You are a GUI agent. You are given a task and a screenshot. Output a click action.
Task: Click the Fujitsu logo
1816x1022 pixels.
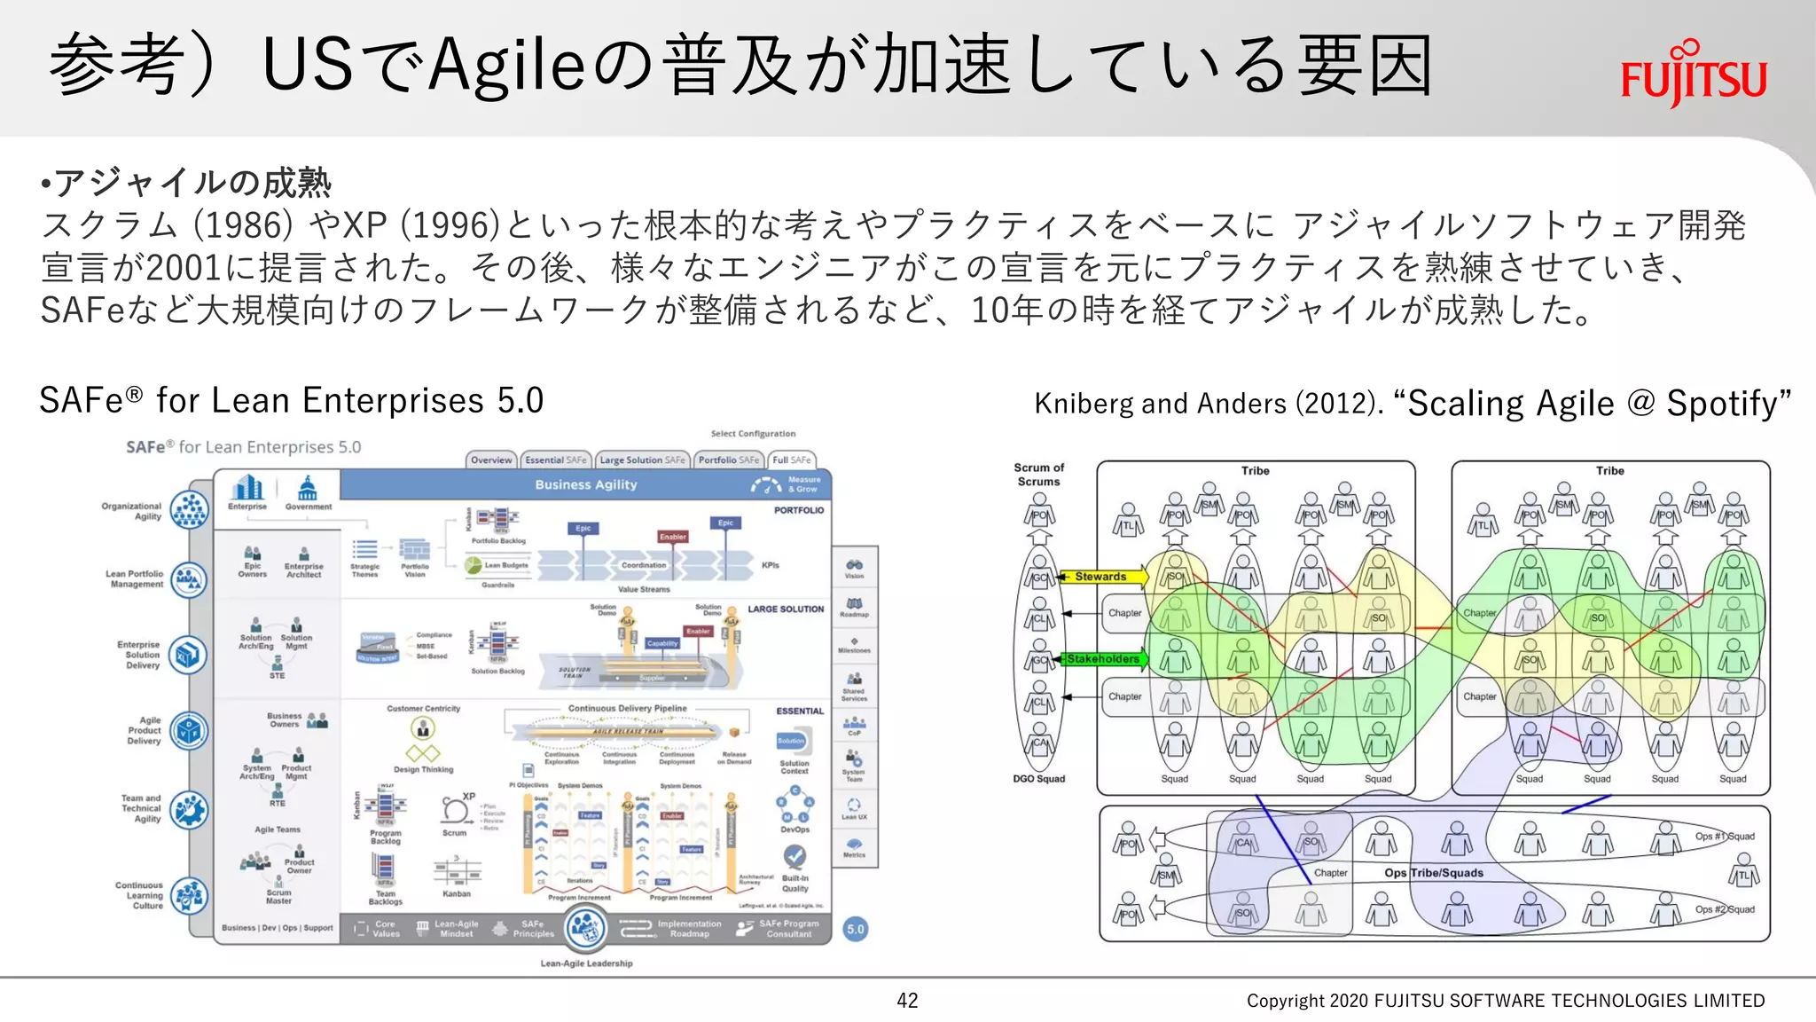[1694, 75]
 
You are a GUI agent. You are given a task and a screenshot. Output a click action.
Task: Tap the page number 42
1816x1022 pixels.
[907, 1001]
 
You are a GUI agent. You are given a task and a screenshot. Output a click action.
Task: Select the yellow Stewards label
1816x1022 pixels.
[1100, 577]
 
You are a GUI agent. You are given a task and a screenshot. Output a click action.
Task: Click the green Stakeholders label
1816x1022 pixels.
[1102, 659]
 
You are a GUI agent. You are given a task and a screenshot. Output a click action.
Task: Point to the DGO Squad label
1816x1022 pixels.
[1038, 779]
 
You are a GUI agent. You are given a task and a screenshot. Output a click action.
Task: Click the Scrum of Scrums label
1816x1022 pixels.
[1038, 475]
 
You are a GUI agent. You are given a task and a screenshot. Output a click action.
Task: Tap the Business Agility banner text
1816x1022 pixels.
[585, 484]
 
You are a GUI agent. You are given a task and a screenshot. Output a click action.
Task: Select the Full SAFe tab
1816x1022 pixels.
[791, 460]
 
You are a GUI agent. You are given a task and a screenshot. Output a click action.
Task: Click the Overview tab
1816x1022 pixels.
[491, 460]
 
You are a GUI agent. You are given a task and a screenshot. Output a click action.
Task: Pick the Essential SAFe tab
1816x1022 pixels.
[555, 460]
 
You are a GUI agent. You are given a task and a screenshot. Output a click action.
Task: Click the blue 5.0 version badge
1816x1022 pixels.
[855, 929]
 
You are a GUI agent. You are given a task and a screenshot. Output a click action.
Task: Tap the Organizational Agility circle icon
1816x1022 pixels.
[189, 510]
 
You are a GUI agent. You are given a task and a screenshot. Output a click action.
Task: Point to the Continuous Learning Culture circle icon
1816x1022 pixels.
[189, 896]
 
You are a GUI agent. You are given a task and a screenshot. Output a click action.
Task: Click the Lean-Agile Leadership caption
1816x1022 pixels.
[586, 963]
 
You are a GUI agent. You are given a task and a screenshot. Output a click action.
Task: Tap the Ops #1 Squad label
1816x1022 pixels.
[1724, 837]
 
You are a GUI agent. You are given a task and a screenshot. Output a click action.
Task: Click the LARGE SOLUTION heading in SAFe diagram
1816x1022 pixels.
[786, 609]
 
